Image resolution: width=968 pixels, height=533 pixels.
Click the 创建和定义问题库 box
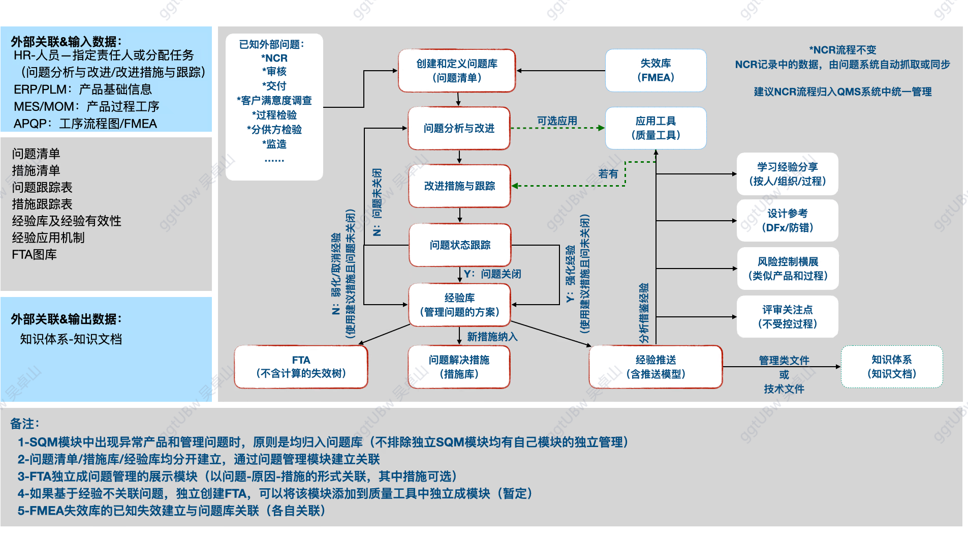point(457,71)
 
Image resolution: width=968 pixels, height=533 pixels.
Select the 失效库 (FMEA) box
point(655,71)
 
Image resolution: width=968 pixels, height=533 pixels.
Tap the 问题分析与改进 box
point(459,128)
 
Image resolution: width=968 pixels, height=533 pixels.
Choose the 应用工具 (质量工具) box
point(655,128)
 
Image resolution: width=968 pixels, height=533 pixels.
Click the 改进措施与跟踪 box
point(459,186)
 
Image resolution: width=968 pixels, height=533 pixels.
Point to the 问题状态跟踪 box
point(460,245)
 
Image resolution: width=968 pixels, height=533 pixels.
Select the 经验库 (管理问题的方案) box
point(459,305)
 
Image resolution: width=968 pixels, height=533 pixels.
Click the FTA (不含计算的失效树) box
point(301,367)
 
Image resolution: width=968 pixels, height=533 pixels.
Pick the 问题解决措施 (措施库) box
point(459,367)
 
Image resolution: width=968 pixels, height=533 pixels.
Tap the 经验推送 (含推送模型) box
point(655,367)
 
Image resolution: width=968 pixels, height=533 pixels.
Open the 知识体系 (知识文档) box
point(892,367)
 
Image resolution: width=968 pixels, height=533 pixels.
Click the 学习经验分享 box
point(787,174)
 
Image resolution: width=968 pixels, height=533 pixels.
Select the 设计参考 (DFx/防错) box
point(787,220)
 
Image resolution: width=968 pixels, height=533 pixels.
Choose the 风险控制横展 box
point(787,269)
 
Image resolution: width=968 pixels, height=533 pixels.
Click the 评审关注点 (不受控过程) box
point(787,316)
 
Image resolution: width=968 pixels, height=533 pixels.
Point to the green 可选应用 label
point(557,121)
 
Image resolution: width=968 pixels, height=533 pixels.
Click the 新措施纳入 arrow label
point(492,337)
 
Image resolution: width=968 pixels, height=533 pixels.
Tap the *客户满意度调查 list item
point(274,101)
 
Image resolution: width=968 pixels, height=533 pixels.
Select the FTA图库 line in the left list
point(35,254)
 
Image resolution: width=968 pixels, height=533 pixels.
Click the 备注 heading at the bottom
point(24,424)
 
